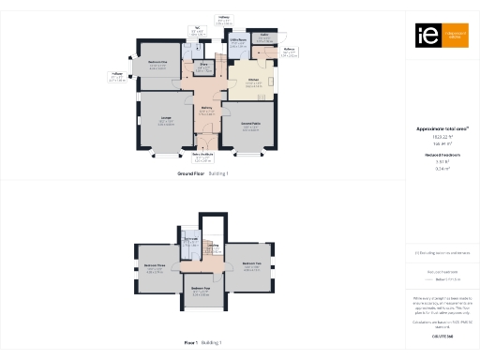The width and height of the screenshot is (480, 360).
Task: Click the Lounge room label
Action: point(165,118)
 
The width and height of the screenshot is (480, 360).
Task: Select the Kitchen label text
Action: point(253,80)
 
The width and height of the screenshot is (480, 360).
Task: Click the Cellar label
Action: point(265,37)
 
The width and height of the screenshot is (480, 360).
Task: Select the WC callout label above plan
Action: point(197,30)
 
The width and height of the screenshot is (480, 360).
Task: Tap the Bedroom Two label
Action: point(250,263)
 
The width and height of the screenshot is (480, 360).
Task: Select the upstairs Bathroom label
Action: point(189,239)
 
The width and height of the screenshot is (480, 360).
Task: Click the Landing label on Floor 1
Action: point(214,246)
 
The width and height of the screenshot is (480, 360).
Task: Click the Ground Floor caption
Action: point(190,174)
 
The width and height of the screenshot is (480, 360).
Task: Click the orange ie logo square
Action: point(426,36)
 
